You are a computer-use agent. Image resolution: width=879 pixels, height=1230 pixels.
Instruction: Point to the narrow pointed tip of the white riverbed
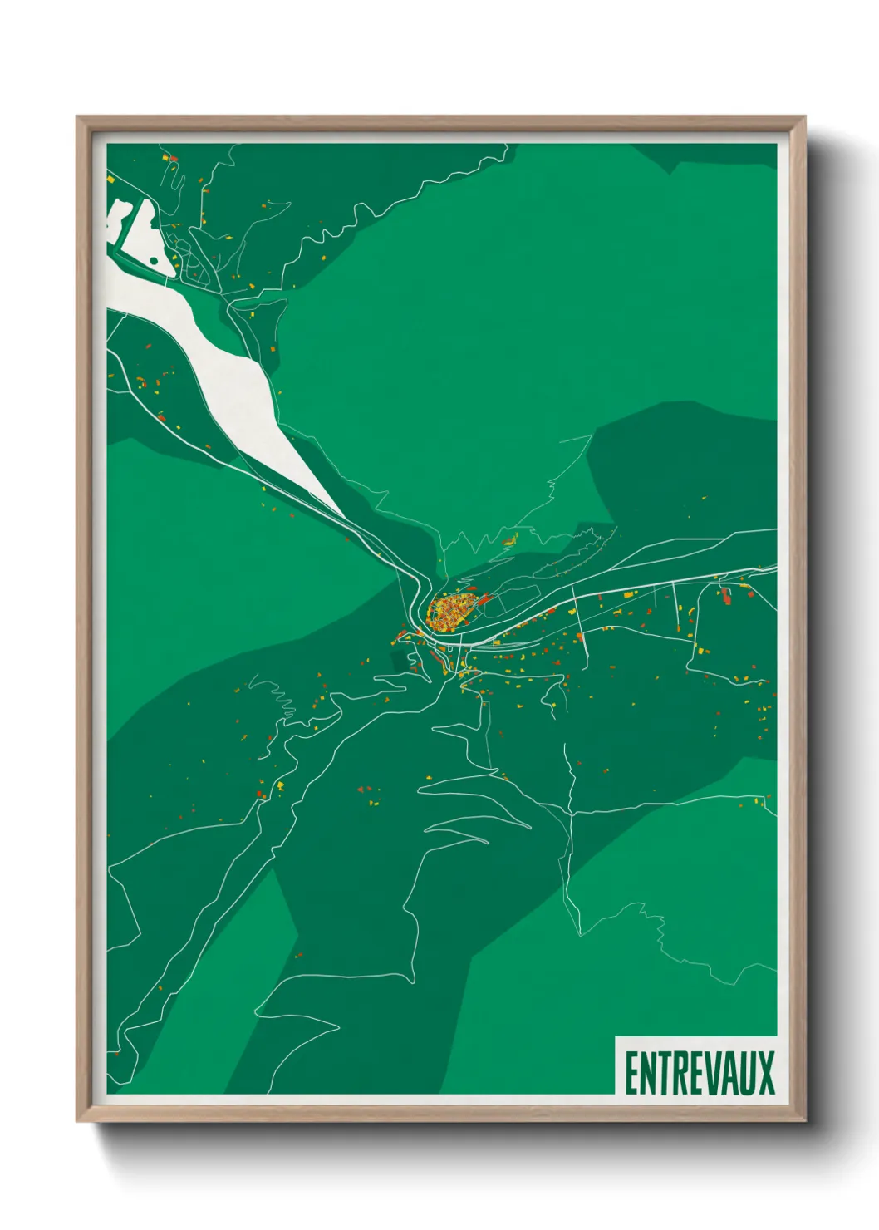(340, 512)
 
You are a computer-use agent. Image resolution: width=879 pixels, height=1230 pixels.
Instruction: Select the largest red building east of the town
(726, 595)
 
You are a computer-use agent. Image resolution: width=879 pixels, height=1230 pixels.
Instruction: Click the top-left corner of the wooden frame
(77, 117)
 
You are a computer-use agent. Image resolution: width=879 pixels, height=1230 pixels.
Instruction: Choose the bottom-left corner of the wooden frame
(77, 1121)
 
